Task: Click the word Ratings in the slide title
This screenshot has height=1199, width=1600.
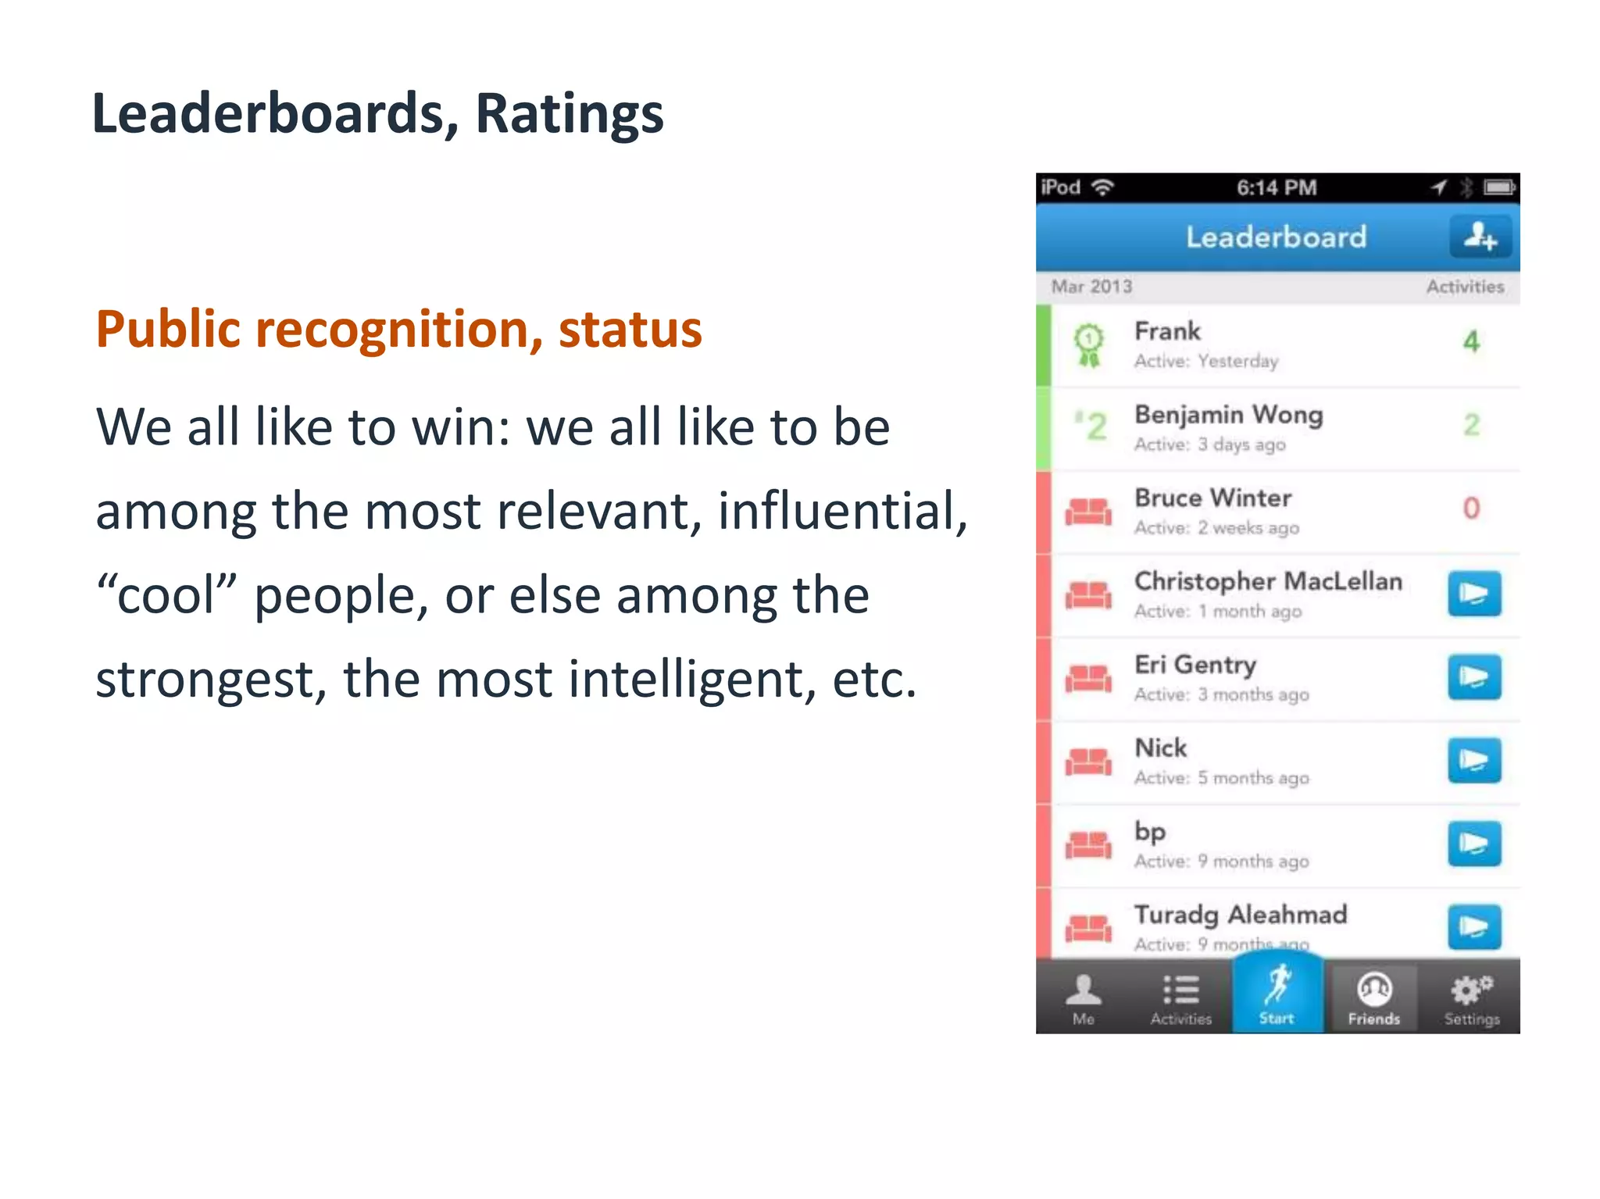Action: [x=569, y=114]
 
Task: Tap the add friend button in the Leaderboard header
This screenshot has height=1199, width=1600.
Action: [x=1480, y=236]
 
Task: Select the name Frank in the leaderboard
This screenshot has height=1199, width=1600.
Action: [x=1167, y=331]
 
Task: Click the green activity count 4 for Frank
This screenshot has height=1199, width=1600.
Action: [x=1471, y=341]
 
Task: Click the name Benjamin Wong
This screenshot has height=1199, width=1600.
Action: [x=1228, y=415]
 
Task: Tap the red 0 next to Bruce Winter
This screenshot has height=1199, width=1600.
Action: [x=1471, y=509]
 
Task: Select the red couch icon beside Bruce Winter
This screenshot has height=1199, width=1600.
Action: [x=1088, y=512]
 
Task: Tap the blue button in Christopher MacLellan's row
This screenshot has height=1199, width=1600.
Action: [x=1473, y=594]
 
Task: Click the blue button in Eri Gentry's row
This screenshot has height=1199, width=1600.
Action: [x=1473, y=677]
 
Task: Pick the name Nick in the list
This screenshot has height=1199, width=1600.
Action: [x=1160, y=748]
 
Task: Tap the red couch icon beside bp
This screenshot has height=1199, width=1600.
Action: [x=1088, y=845]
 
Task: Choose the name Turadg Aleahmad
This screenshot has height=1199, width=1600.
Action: [x=1241, y=915]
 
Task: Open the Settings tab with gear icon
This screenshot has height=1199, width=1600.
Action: [x=1471, y=999]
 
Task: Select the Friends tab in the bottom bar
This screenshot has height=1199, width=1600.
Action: [x=1373, y=999]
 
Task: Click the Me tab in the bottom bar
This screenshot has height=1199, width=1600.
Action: [x=1083, y=999]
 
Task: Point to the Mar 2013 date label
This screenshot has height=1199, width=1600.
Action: [x=1091, y=287]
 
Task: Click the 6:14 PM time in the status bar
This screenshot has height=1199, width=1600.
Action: [x=1277, y=188]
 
